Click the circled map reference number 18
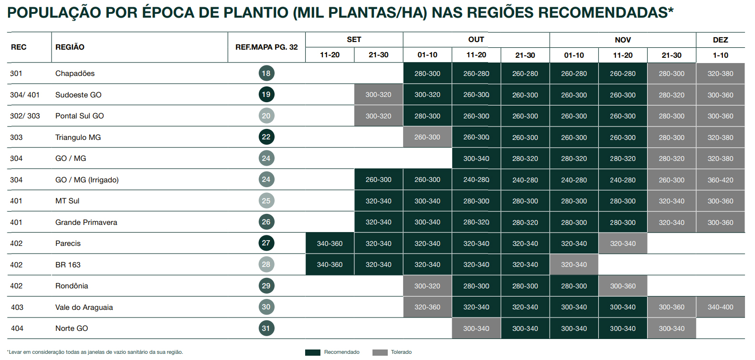pos(266,73)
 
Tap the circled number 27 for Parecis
pos(266,243)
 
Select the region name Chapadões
pos(75,74)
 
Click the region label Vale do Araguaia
pos(84,307)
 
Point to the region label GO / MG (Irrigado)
pos(87,180)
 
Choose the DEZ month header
pos(720,40)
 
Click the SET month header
pos(354,40)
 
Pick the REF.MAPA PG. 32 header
pos(266,47)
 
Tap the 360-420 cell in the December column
pos(720,180)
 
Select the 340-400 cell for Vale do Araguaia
pos(720,307)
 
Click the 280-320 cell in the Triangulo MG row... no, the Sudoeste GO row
pos(671,95)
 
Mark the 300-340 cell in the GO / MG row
pos(476,159)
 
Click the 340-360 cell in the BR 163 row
pos(330,265)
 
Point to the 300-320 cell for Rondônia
pos(427,286)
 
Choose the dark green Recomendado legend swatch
pos(313,352)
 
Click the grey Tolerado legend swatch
pos(380,352)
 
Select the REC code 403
pos(17,307)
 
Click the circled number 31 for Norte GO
pos(266,328)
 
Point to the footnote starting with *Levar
pos(95,352)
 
